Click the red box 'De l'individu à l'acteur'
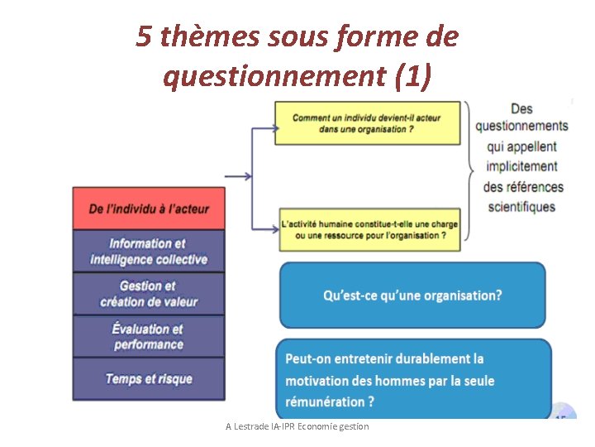(149, 209)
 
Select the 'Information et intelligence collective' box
(149, 251)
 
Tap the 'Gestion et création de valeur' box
(149, 293)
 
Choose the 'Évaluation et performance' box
(149, 336)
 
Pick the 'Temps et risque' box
(149, 379)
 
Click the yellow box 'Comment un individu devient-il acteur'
(367, 123)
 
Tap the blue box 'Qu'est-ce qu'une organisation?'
(412, 296)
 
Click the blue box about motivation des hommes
(412, 380)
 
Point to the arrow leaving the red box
(238, 175)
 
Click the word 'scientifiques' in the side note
(521, 207)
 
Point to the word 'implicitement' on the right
(521, 166)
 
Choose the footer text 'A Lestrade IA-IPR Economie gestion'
(297, 426)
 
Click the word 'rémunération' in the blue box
(323, 401)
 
